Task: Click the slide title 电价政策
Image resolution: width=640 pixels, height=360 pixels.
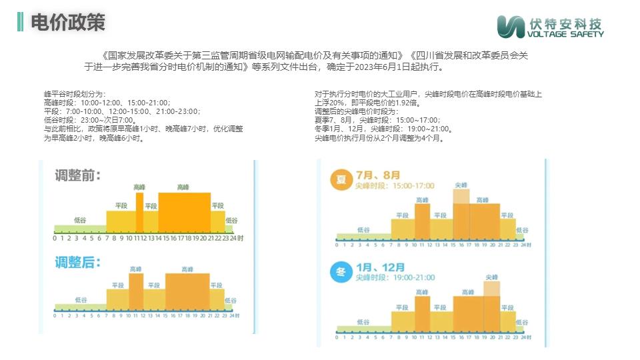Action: tap(68, 23)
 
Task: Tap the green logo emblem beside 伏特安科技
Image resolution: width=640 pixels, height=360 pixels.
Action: tap(511, 26)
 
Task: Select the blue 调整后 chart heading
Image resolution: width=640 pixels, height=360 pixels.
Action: tap(78, 261)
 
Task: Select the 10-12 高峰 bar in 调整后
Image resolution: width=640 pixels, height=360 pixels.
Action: tap(136, 290)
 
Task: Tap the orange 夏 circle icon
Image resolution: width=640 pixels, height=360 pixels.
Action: tap(341, 180)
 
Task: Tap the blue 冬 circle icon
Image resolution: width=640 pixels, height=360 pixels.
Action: tap(341, 272)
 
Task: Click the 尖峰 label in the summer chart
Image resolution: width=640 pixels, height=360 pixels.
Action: tap(461, 185)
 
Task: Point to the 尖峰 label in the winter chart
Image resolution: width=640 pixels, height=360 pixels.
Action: tap(492, 277)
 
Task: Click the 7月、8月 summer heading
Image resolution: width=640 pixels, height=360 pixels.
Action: tap(379, 175)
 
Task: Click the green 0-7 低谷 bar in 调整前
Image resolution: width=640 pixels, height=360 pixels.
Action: tap(80, 228)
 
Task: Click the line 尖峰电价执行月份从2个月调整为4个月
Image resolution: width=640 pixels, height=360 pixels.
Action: tap(379, 139)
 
